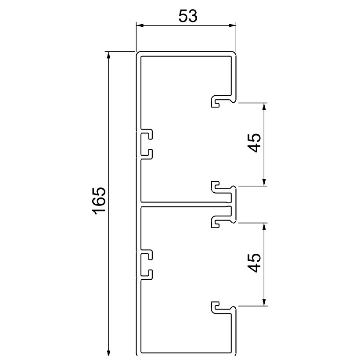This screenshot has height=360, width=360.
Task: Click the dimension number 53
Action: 188,17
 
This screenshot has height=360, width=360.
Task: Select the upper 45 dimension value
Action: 255,143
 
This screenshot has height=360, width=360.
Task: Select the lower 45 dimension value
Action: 255,263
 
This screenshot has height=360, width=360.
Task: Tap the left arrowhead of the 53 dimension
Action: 139,25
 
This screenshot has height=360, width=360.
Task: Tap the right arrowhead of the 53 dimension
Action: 233,25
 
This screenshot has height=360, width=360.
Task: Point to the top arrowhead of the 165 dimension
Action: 108,55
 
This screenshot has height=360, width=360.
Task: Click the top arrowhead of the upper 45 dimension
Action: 264,107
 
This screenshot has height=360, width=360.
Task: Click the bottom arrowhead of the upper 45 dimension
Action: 264,182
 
